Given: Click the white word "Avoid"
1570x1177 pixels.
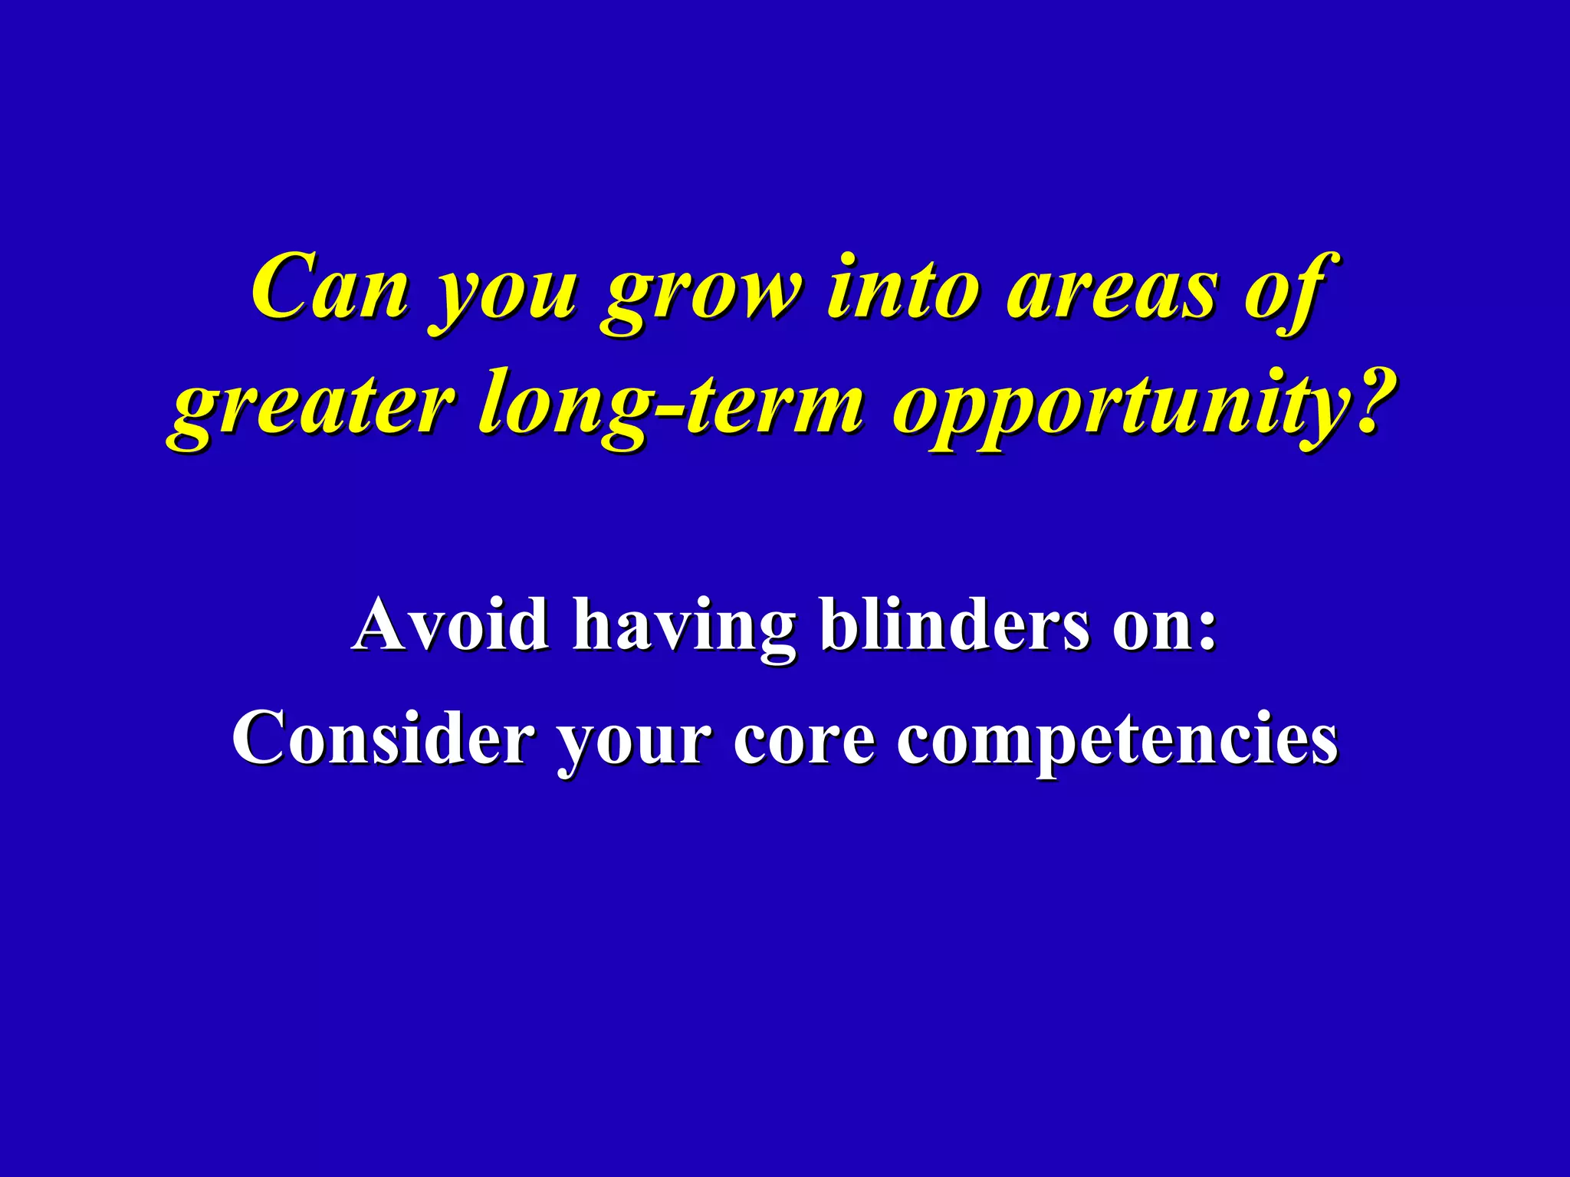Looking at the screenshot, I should pos(451,624).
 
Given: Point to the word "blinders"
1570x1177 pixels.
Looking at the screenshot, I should pos(954,624).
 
